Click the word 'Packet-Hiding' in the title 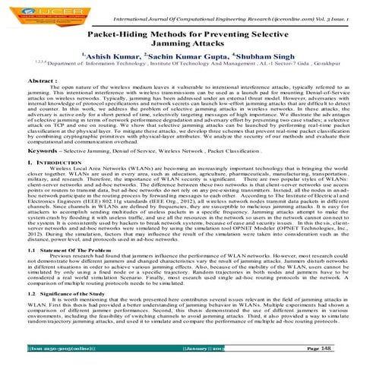(x=121, y=35)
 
